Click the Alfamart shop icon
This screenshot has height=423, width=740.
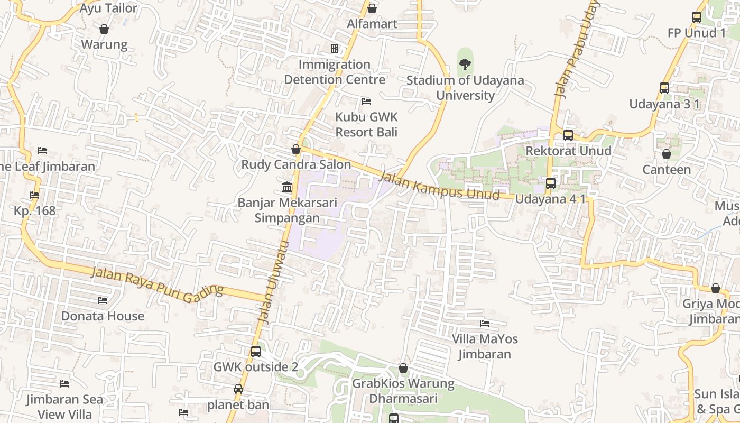click(x=372, y=8)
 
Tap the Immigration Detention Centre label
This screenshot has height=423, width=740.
click(x=335, y=72)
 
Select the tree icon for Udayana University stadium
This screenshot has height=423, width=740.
click(x=465, y=65)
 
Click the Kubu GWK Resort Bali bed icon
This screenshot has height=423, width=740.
click(x=366, y=101)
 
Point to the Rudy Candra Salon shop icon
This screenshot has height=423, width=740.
click(x=296, y=149)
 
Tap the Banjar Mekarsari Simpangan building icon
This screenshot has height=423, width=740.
click(x=287, y=187)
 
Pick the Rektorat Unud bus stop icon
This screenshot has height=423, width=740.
click(x=568, y=135)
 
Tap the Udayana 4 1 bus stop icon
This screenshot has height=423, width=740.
click(x=551, y=183)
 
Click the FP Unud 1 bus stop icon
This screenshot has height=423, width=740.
click(x=697, y=17)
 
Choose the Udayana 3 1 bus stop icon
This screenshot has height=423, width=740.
click(x=664, y=88)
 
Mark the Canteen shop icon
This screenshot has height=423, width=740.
click(x=667, y=154)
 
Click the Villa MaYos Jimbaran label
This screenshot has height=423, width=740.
click(x=485, y=346)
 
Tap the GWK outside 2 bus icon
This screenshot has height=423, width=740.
click(x=256, y=351)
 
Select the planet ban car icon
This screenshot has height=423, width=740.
click(x=238, y=389)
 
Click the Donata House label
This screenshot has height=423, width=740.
click(x=103, y=316)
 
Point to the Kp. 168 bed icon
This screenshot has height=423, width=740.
click(x=34, y=195)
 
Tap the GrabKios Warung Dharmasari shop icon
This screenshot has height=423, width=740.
click(x=403, y=368)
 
